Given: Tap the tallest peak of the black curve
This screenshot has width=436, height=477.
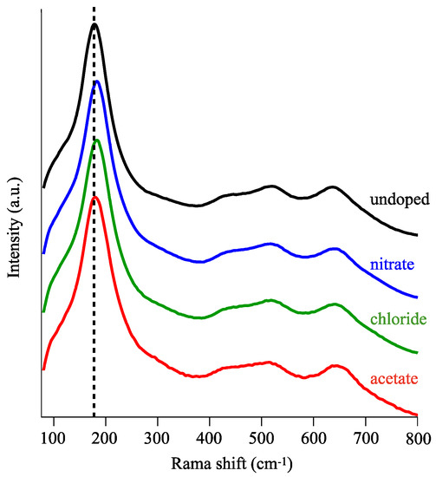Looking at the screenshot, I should (94, 24).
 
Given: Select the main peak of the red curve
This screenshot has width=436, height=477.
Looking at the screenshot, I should (95, 197).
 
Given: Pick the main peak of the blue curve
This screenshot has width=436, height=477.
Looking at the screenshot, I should (96, 81).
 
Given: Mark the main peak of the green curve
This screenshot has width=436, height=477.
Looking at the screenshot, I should (96, 140).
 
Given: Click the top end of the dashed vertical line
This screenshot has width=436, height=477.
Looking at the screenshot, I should (94, 5).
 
